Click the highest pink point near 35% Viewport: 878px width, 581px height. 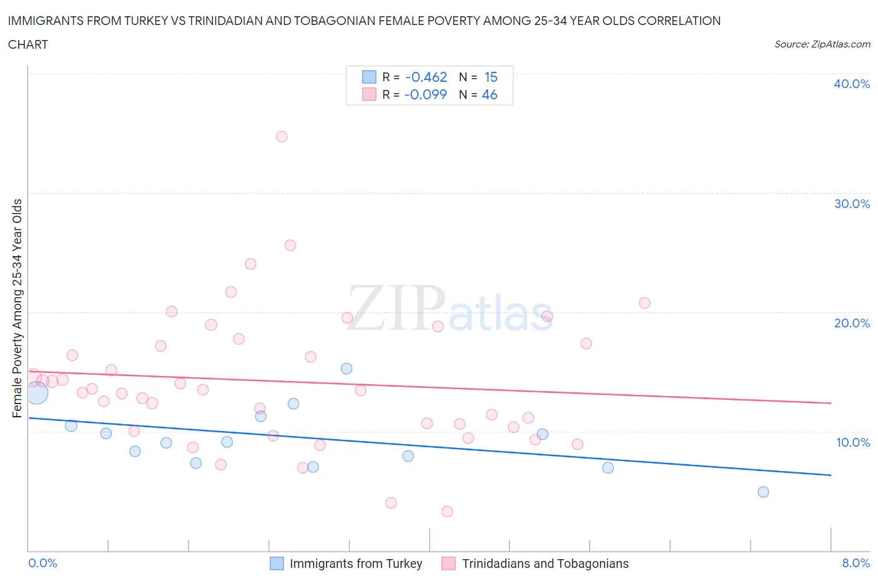click(282, 137)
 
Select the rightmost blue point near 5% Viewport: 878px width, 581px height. click(763, 492)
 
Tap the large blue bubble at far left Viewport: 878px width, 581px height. click(36, 392)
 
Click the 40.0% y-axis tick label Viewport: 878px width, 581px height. click(851, 84)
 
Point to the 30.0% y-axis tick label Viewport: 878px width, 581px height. click(851, 204)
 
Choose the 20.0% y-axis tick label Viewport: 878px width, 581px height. click(851, 323)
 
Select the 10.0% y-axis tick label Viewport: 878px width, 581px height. click(852, 442)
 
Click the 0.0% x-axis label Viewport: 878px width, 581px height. click(42, 563)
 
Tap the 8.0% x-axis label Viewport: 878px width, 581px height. click(856, 563)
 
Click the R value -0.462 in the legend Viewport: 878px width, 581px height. click(426, 77)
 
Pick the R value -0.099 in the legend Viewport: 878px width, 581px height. click(425, 94)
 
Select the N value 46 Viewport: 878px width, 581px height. click(490, 94)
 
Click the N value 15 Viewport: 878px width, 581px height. click(491, 77)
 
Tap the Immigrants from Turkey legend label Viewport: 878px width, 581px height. click(356, 564)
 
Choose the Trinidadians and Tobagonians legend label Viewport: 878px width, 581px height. click(545, 564)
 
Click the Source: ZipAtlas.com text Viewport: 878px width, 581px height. click(822, 44)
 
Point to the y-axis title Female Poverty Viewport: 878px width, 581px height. click(17, 308)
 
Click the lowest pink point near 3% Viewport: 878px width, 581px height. click(447, 512)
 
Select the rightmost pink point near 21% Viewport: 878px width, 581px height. click(644, 303)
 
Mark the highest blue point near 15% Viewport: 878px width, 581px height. click(347, 369)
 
